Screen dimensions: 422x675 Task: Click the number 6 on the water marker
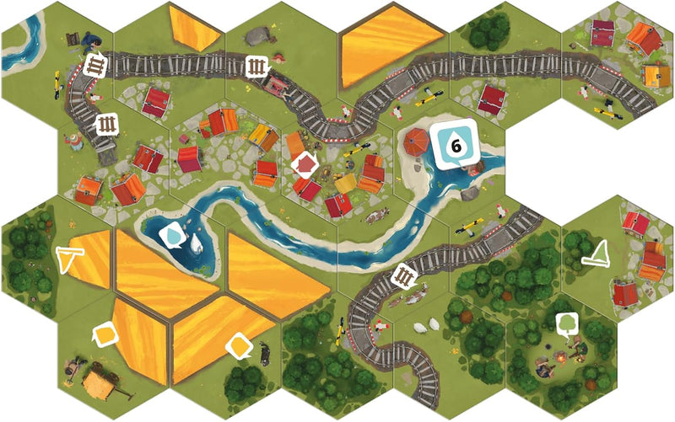click(x=456, y=146)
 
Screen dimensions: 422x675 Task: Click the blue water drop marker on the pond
click(x=173, y=237)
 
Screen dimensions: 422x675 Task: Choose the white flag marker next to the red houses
click(x=601, y=252)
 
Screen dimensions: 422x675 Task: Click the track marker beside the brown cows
click(x=407, y=275)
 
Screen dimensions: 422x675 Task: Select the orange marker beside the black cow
click(x=239, y=345)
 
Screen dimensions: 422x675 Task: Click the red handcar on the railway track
click(x=275, y=84)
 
